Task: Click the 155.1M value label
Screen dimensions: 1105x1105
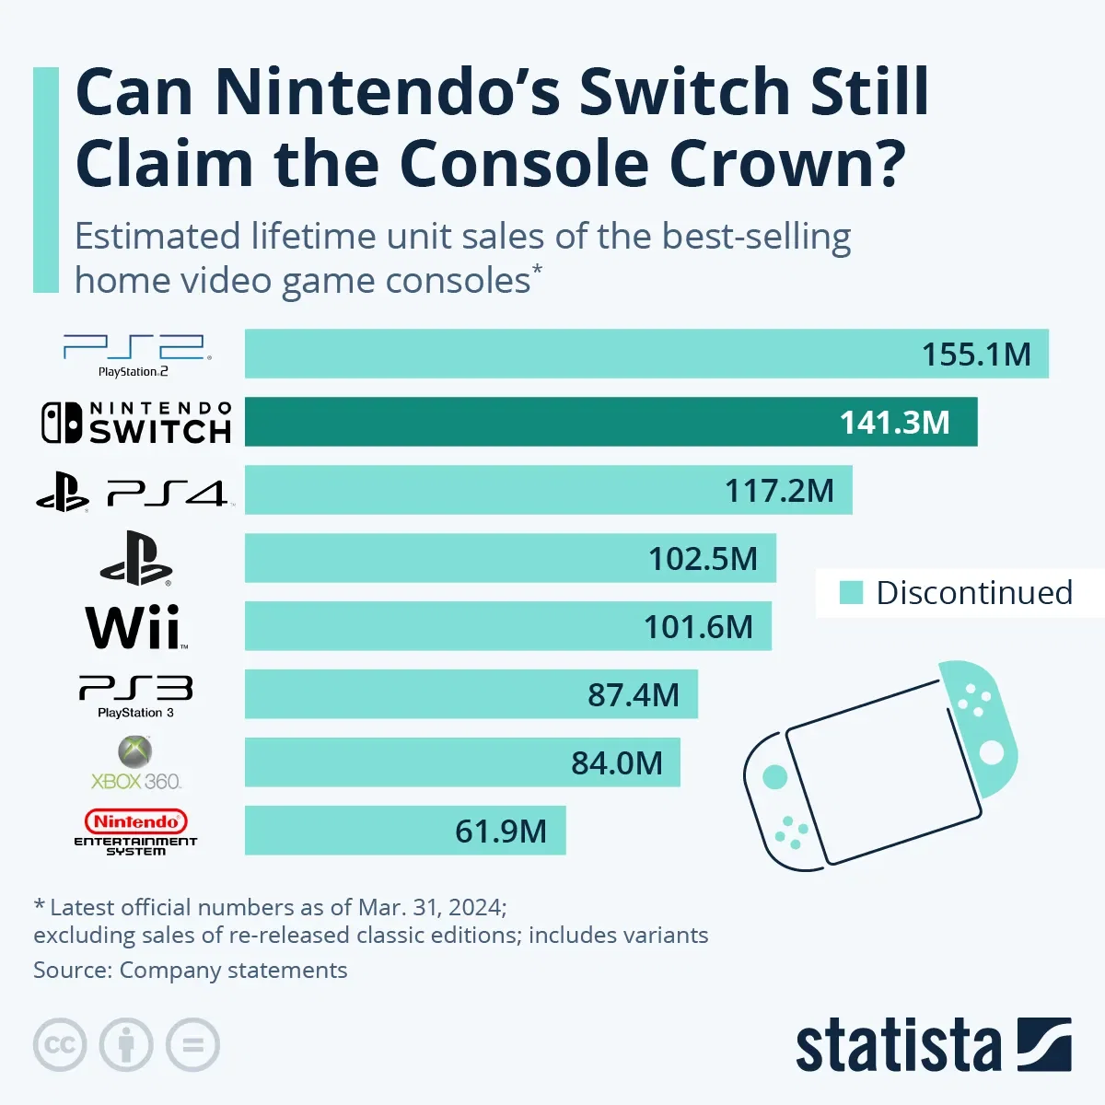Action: tap(976, 355)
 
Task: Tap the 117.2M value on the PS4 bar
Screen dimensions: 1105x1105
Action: tap(779, 491)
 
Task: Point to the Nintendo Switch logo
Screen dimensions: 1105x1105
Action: tap(135, 423)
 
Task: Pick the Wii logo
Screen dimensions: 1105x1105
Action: tap(135, 627)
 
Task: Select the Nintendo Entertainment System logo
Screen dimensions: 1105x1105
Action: tap(135, 832)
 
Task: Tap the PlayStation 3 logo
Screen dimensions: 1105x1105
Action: tap(135, 696)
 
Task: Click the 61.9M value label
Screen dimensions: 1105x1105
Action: tap(500, 832)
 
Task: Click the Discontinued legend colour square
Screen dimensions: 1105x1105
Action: tap(851, 593)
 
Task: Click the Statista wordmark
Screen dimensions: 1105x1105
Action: tap(898, 1046)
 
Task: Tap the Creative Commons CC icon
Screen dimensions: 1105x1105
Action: tap(60, 1045)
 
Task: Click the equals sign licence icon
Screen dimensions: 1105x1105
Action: tap(192, 1045)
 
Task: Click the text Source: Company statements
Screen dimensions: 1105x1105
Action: tap(191, 971)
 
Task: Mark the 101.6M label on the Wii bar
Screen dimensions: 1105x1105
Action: tap(698, 627)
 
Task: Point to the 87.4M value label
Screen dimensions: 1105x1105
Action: tap(634, 695)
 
